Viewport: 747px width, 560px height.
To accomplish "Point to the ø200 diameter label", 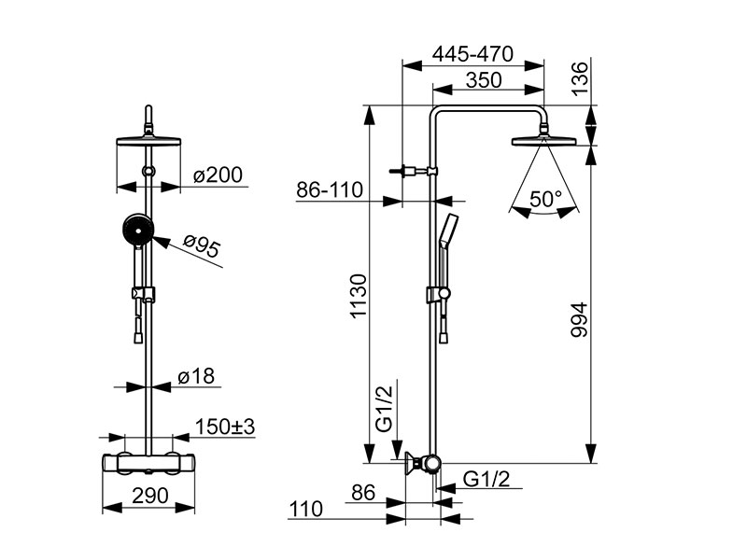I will pyautogui.click(x=217, y=175).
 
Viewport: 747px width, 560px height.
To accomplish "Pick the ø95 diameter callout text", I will pyautogui.click(x=201, y=247).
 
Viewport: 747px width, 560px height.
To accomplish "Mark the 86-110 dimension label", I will pyautogui.click(x=329, y=189).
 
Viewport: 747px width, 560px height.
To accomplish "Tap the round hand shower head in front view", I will pyautogui.click(x=136, y=230).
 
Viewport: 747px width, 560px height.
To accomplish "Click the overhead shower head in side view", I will pyautogui.click(x=543, y=143).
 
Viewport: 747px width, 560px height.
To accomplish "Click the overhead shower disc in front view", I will pyautogui.click(x=148, y=143).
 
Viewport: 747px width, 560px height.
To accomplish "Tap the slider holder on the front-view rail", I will pyautogui.click(x=145, y=295).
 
